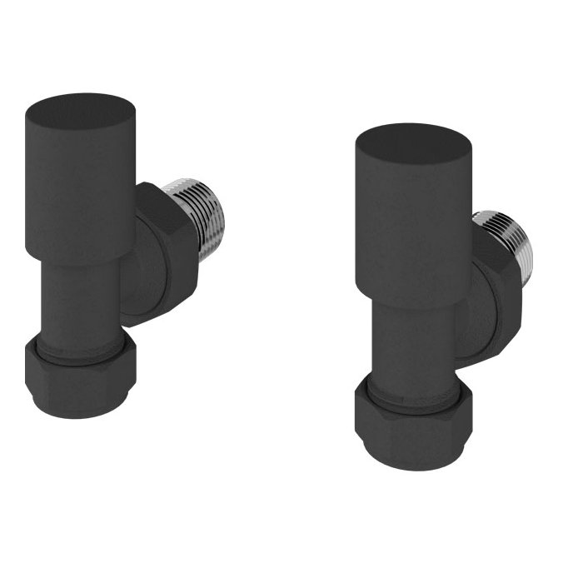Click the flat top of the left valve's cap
[81, 110]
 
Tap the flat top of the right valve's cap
[412, 143]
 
